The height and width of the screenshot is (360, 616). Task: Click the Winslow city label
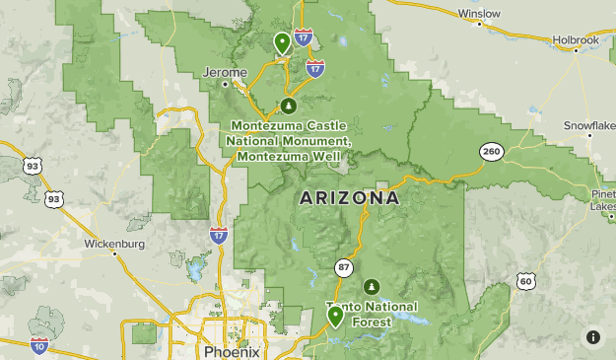point(480,14)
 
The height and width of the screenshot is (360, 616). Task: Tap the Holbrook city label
point(576,40)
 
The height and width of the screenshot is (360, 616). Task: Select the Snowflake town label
point(589,125)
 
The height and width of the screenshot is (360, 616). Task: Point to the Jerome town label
point(223,72)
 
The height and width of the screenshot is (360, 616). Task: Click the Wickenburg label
point(114,243)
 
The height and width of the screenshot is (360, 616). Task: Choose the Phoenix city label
point(232,351)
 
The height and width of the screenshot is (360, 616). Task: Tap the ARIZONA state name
point(349,198)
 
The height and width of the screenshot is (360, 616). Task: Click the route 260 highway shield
point(491,151)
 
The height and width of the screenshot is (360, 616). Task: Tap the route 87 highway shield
point(343,267)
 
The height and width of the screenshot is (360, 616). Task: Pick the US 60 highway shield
point(526,282)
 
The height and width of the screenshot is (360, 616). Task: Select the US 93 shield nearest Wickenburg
point(53,199)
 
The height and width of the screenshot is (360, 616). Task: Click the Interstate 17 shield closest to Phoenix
point(219,235)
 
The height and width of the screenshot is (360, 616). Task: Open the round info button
point(592,337)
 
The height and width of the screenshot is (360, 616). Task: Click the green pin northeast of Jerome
point(282,42)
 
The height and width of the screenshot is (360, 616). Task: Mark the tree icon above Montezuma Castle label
point(288,106)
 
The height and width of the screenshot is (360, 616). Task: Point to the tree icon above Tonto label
point(371,287)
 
